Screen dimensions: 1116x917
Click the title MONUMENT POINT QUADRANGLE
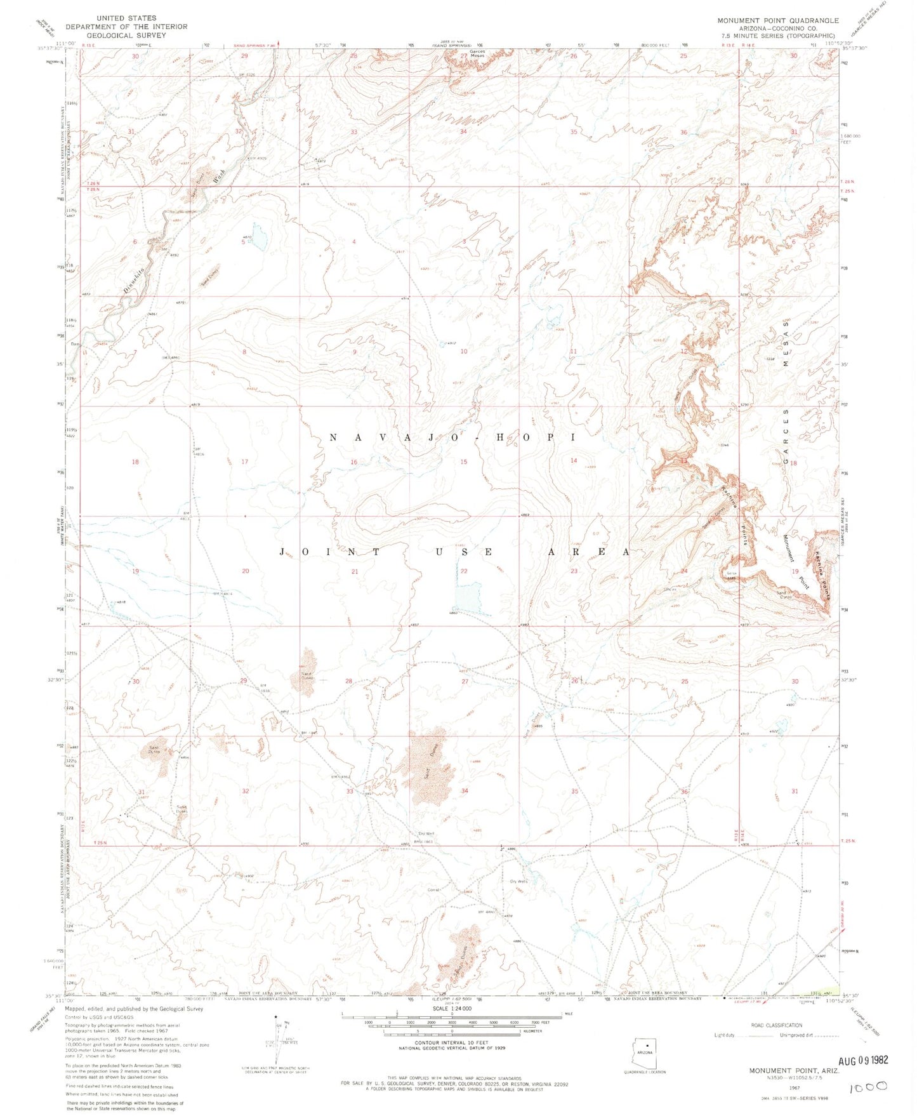pos(778,20)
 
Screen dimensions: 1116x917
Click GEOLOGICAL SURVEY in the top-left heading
pos(126,35)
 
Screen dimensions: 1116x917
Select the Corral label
pos(433,889)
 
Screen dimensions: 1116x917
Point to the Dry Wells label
pos(518,880)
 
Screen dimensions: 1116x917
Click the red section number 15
pos(464,462)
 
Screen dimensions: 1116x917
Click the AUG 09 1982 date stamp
pos(863,1060)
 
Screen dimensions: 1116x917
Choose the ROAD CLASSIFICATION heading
pos(776,1025)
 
